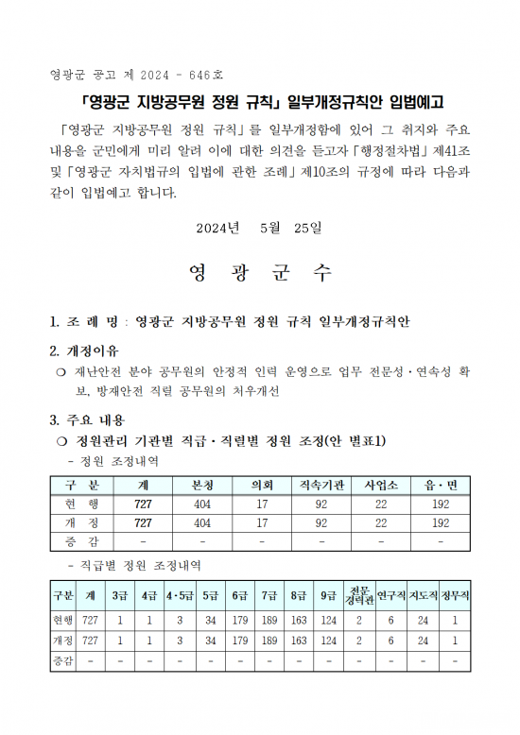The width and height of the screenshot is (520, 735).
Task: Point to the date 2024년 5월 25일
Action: point(259,228)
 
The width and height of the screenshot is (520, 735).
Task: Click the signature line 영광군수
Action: point(260,273)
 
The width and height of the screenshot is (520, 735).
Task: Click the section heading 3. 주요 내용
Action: point(87,420)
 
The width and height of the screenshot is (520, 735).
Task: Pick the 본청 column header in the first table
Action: point(202,486)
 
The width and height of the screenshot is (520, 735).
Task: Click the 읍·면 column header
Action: point(441,486)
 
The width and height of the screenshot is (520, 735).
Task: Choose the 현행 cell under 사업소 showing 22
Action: point(381,504)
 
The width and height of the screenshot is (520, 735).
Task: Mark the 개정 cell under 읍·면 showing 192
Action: point(441,522)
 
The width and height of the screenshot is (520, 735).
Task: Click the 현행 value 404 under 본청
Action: point(202,504)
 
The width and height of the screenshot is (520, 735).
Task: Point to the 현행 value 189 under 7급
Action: point(269,620)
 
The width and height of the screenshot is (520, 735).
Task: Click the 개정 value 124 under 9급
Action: point(328,641)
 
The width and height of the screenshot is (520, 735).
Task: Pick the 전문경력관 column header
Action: point(359,595)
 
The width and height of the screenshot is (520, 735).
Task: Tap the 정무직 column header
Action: point(455,595)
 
